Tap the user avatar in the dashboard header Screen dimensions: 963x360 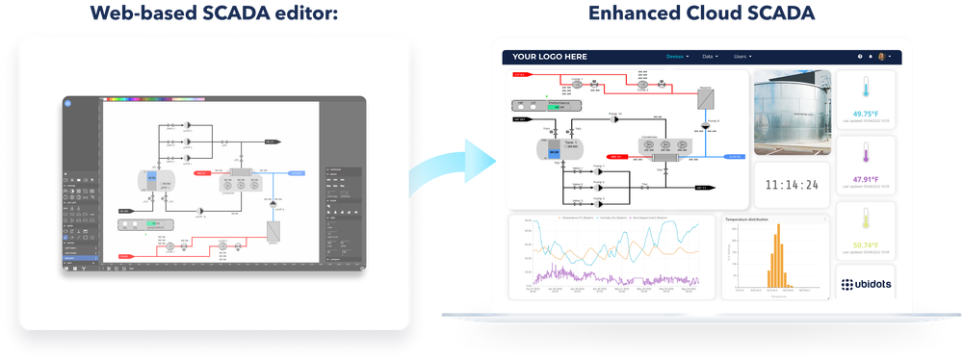[x=882, y=57]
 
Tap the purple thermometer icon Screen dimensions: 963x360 [x=869, y=155]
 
